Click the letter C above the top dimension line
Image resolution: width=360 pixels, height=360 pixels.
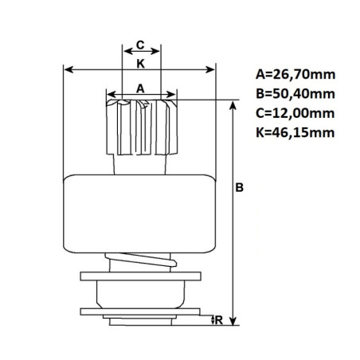click(x=140, y=45)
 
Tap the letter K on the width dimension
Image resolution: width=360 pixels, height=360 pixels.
click(x=140, y=62)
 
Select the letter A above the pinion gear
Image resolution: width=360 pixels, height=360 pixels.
click(x=140, y=89)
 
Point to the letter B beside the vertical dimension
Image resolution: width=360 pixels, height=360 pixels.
click(x=239, y=189)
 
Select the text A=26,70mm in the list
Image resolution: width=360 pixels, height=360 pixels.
click(x=295, y=75)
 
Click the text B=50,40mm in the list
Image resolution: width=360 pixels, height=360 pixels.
click(x=295, y=94)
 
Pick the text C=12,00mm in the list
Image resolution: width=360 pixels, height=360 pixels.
click(x=295, y=113)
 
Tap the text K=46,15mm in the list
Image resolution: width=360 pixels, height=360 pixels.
click(x=295, y=132)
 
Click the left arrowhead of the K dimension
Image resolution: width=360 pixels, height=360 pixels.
click(x=67, y=69)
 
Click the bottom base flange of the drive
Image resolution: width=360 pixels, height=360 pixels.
click(x=140, y=314)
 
